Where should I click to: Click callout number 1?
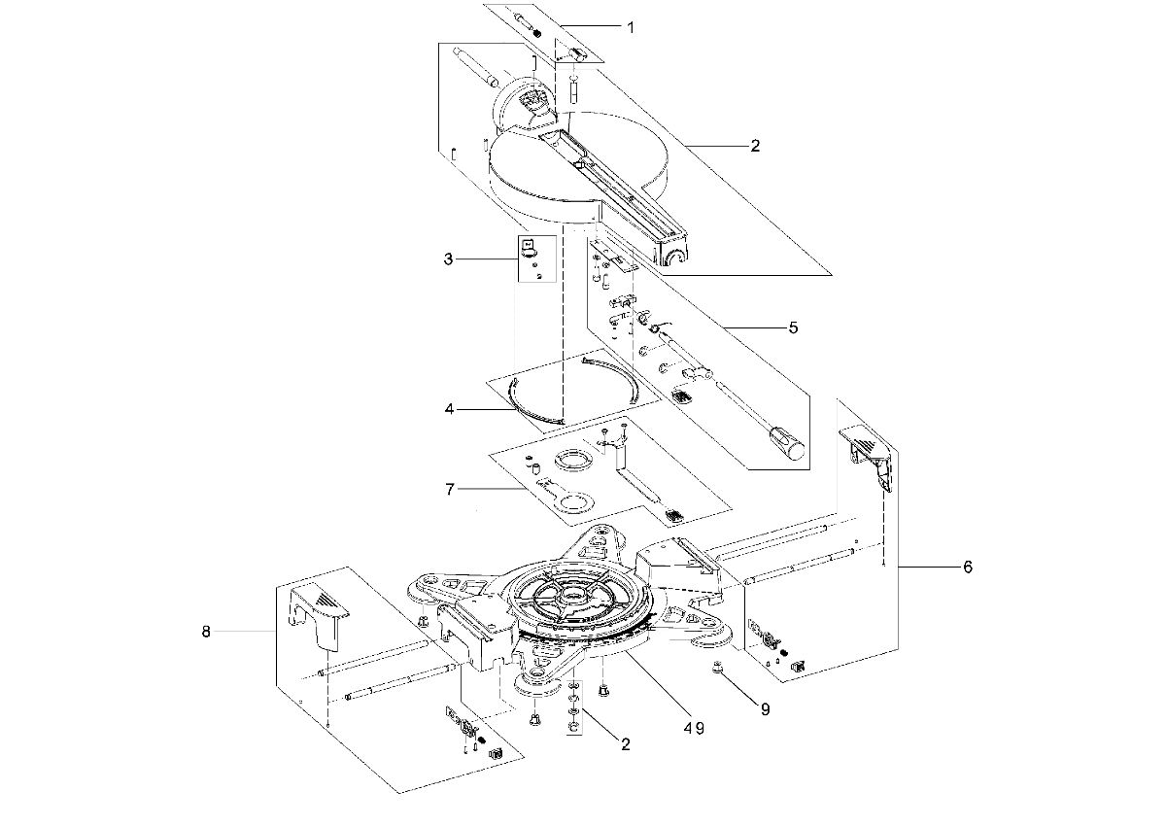(x=631, y=27)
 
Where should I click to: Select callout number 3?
(x=448, y=259)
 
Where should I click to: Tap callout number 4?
(x=449, y=409)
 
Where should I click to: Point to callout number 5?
(x=793, y=327)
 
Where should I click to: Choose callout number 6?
(x=968, y=567)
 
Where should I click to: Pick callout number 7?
(x=450, y=489)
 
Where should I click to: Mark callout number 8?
(x=206, y=632)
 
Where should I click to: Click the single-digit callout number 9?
(x=766, y=710)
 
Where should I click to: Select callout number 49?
(x=694, y=729)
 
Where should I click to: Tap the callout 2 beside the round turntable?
(x=755, y=146)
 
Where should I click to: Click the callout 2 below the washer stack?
(x=626, y=744)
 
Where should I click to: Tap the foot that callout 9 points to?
(x=717, y=667)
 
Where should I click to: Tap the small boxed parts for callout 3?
(x=536, y=258)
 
